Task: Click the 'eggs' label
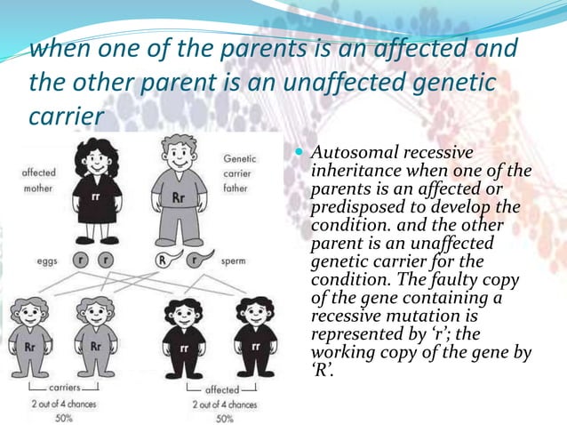pyautogui.click(x=47, y=261)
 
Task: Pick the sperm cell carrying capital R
pyautogui.click(x=163, y=261)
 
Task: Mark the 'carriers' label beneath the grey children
pyautogui.click(x=60, y=389)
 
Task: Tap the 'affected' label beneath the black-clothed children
pyautogui.click(x=222, y=389)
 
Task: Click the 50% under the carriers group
pyautogui.click(x=61, y=417)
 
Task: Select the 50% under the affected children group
pyautogui.click(x=224, y=417)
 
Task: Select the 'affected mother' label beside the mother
pyautogui.click(x=37, y=180)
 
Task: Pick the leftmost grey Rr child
pyautogui.click(x=30, y=338)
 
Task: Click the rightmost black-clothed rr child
pyautogui.click(x=254, y=338)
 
